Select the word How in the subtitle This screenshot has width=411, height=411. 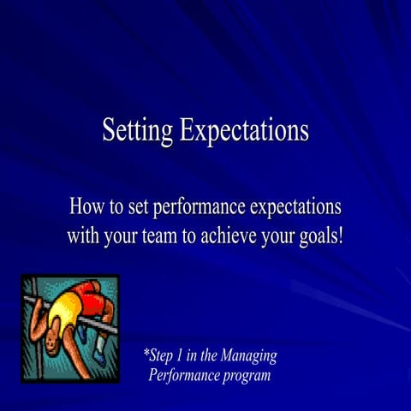[x=89, y=207]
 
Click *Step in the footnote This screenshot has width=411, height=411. [x=161, y=355]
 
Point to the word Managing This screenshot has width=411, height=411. [x=247, y=355]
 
